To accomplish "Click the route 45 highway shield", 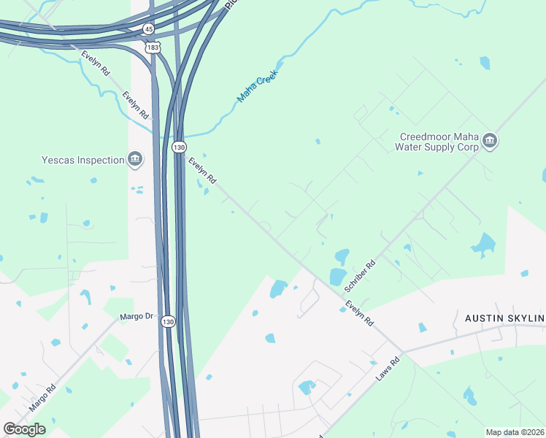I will pyautogui.click(x=148, y=28).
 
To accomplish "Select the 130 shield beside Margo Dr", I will pyautogui.click(x=169, y=322).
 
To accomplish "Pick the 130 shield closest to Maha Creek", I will pyautogui.click(x=179, y=147).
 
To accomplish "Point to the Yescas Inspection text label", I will pyautogui.click(x=83, y=160).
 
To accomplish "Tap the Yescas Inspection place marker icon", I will pyautogui.click(x=135, y=159).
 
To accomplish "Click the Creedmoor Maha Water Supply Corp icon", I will pyautogui.click(x=490, y=141).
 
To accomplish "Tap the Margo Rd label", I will pyautogui.click(x=42, y=399).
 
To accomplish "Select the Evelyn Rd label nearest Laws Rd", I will pyautogui.click(x=359, y=313).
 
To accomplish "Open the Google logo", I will pyautogui.click(x=24, y=429).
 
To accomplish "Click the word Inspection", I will pyautogui.click(x=101, y=160).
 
